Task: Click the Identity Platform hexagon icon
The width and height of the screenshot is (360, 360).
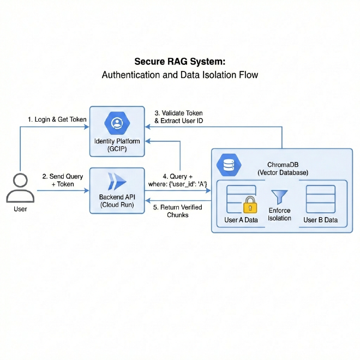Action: point(117,123)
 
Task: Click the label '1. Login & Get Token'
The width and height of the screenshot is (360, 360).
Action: point(57,119)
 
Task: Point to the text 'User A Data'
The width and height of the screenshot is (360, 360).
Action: point(241,220)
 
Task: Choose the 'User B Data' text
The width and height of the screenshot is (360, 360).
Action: point(321,220)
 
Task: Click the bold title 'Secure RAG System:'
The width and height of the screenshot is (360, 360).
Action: point(179,62)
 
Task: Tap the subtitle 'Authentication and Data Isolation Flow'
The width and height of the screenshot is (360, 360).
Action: point(179,75)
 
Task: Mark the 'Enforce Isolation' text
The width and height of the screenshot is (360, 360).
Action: point(279,214)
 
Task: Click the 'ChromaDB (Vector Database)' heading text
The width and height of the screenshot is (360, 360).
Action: point(283,168)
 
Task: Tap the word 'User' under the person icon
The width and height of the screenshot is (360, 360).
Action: point(20,208)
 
